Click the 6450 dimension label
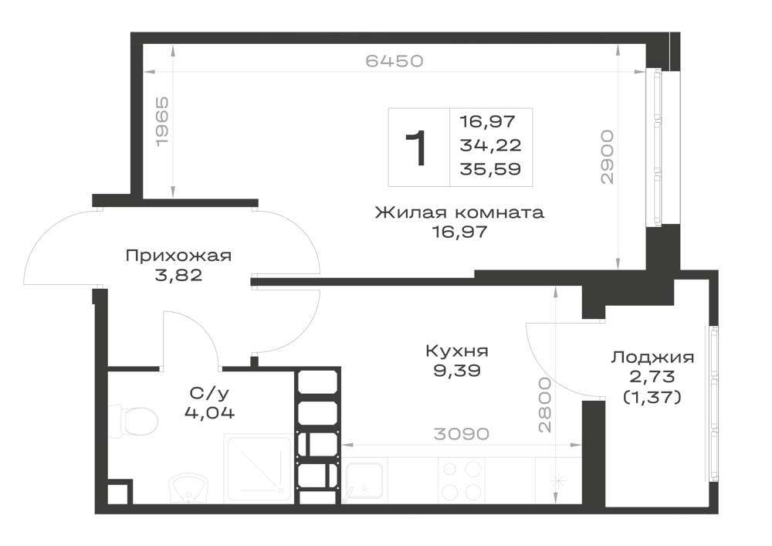394,61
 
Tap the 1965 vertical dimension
162,121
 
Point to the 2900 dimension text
608,157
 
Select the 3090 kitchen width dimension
462,434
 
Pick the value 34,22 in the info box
490,145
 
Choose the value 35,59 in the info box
490,169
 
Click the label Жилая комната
459,212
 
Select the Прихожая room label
179,256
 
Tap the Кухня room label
457,351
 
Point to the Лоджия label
652,358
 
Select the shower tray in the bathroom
259,468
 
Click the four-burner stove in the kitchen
461,480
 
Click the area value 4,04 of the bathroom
209,412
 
